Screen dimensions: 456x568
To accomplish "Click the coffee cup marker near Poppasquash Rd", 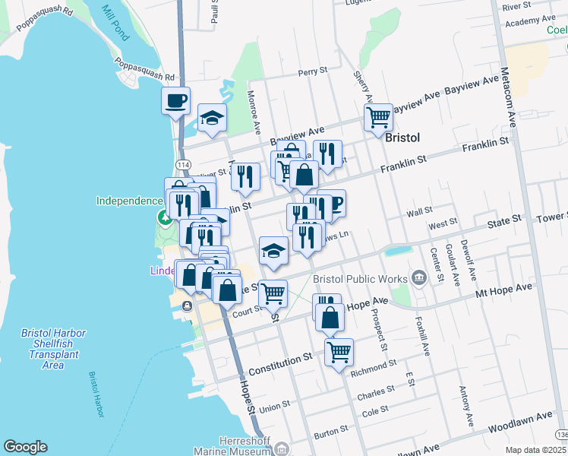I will click(175, 100).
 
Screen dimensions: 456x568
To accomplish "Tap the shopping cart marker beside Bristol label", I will click(377, 118).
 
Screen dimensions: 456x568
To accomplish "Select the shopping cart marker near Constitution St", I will click(339, 351).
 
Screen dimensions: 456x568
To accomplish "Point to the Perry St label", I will click(311, 73).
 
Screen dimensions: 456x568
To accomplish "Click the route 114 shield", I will click(182, 165).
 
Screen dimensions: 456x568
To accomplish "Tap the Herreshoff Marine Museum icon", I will click(282, 450).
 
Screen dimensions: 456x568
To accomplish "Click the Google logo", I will click(25, 447).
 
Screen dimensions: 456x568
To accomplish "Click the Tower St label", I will click(551, 217).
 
